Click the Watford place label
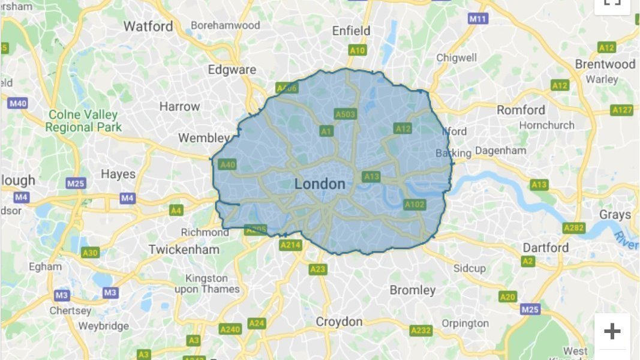[x=148, y=26]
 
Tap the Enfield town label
[x=351, y=31]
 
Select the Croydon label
[x=339, y=322]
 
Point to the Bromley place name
[x=413, y=290]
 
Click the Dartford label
[x=545, y=248]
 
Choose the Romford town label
[x=521, y=110]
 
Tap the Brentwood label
[x=605, y=64]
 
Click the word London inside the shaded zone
[x=320, y=184]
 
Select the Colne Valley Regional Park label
[x=83, y=121]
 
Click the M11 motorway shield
[x=477, y=19]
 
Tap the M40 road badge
[x=19, y=104]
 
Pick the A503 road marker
[x=345, y=113]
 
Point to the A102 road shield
[x=414, y=205]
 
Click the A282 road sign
[x=573, y=228]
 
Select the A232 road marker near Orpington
[x=421, y=331]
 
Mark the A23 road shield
[x=318, y=269]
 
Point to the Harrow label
[x=179, y=107]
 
